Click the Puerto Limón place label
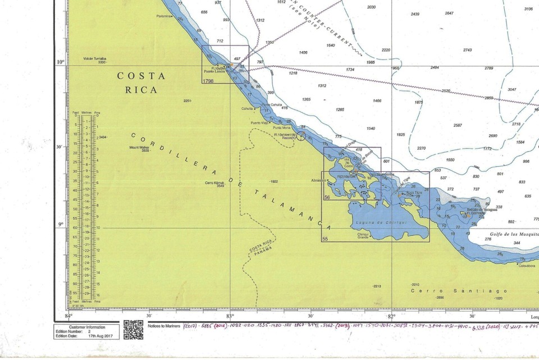click(x=214, y=71)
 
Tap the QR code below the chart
click(x=133, y=330)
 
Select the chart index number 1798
click(x=208, y=81)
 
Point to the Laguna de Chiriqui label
click(x=372, y=223)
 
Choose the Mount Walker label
click(x=139, y=149)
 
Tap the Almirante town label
click(x=318, y=180)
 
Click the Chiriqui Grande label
click(x=362, y=235)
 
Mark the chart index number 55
click(x=325, y=239)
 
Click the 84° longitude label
click(x=69, y=316)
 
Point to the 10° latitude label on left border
click(x=60, y=62)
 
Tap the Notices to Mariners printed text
click(x=164, y=326)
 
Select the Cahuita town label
click(x=247, y=109)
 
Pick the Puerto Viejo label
click(x=259, y=122)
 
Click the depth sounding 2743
click(x=467, y=50)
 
